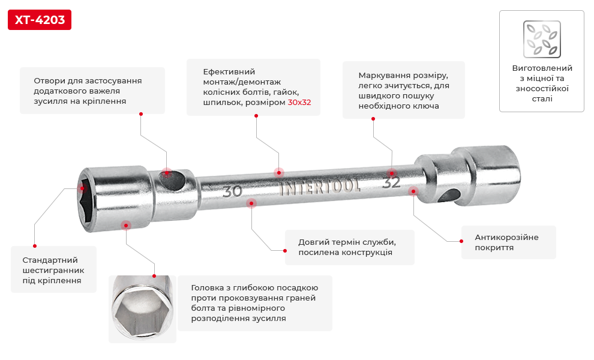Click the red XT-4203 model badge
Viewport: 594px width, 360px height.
[40, 20]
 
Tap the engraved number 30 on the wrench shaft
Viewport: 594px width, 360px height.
[232, 191]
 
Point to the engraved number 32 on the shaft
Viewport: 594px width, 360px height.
[391, 182]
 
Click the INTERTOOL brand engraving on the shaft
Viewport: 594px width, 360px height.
[320, 187]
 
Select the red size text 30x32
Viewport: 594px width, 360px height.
[299, 103]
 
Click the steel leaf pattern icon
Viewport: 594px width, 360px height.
[542, 40]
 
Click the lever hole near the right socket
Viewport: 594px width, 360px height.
[449, 196]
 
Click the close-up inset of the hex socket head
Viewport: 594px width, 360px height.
[142, 309]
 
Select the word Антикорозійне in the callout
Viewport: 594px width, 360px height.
[506, 238]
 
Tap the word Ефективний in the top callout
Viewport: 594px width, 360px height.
[229, 71]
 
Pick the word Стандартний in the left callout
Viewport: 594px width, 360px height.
[50, 260]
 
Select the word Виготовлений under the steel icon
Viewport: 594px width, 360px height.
[542, 68]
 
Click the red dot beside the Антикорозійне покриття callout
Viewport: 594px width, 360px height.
[461, 241]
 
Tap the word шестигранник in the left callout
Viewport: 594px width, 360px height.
[53, 271]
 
